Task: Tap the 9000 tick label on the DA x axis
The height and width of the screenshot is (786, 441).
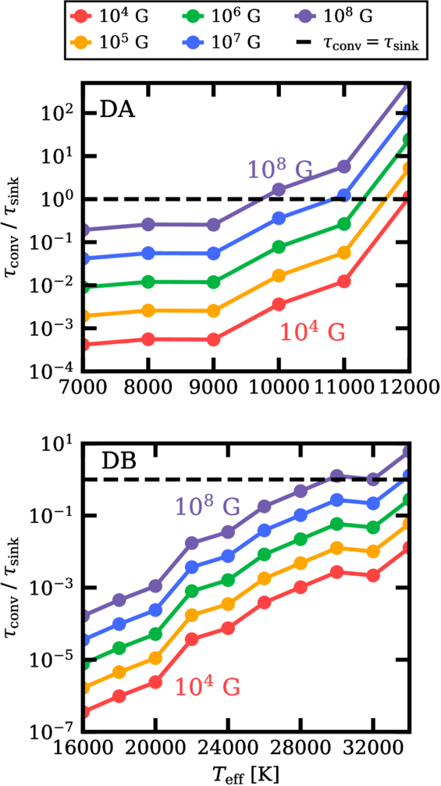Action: (x=214, y=390)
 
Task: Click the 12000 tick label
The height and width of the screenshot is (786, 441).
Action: (x=407, y=390)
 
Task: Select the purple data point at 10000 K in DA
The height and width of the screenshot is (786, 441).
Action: (x=279, y=190)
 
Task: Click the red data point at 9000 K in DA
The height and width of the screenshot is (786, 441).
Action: (x=214, y=340)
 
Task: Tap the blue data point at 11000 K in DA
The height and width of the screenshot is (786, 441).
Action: (x=343, y=195)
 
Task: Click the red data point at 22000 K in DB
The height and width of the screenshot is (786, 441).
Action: (x=191, y=639)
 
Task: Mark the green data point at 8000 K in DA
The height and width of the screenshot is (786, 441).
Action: (x=148, y=283)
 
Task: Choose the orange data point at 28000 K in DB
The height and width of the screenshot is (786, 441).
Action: (x=301, y=564)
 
